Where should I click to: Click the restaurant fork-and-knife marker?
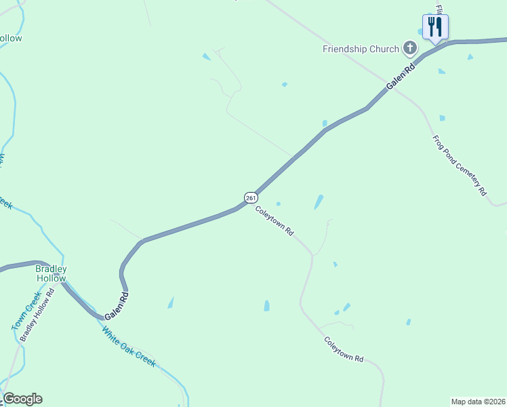[x=435, y=28]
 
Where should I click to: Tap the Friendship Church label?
[x=361, y=49]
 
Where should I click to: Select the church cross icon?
[x=409, y=48]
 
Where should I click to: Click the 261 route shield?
[x=251, y=197]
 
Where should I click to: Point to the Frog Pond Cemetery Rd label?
[x=460, y=166]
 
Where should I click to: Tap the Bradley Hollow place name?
[x=51, y=273]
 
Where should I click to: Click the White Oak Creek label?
[x=129, y=347]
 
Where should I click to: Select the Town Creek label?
[x=22, y=312]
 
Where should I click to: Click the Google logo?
[x=22, y=399]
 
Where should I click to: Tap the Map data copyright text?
[x=478, y=401]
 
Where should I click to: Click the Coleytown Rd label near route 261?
[x=275, y=221]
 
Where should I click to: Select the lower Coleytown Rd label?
[x=344, y=349]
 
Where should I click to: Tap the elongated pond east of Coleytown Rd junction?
[x=319, y=202]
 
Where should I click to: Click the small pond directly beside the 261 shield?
[x=279, y=203]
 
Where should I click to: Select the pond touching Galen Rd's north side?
[x=325, y=123]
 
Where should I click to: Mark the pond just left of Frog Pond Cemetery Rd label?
[x=442, y=118]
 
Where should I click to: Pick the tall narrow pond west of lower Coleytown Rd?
[x=266, y=306]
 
